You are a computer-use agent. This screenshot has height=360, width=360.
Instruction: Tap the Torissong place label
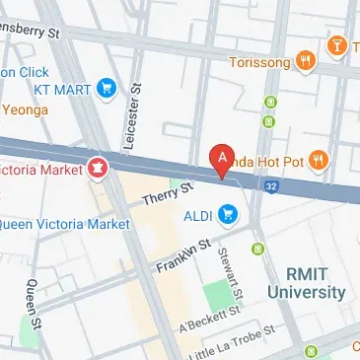point(259,60)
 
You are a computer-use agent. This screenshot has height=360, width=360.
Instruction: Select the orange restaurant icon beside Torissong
point(307,59)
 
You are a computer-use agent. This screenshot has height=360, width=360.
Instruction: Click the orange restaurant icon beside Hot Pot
point(317,159)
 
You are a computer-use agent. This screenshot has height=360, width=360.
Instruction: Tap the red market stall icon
point(99,169)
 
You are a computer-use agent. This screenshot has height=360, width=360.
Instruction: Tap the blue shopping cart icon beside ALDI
point(230,213)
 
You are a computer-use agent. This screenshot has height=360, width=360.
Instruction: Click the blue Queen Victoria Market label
point(63,224)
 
